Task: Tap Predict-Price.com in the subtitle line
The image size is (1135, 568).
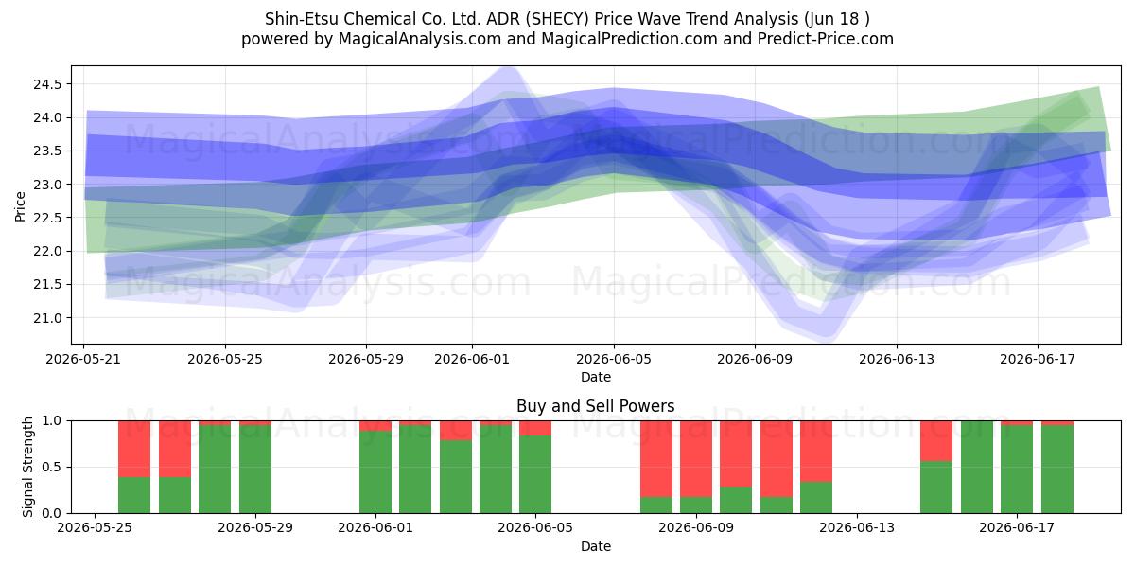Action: [825, 39]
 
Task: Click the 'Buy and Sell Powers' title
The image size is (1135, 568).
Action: [595, 406]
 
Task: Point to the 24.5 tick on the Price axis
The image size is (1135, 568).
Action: [47, 84]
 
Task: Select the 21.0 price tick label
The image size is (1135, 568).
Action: [47, 318]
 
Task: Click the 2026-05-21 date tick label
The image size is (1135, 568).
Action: [83, 359]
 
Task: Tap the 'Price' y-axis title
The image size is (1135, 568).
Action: [20, 206]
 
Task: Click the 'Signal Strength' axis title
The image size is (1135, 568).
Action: [27, 467]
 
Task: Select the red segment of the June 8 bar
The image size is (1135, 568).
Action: [656, 458]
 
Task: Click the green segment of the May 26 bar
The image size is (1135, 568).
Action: [134, 495]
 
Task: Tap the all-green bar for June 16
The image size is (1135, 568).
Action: [977, 467]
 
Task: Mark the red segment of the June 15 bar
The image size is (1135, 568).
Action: [936, 441]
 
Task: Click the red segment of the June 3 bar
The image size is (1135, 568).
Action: [456, 430]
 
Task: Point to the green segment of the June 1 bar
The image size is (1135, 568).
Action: [375, 472]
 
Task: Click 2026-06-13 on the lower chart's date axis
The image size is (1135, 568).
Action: [857, 528]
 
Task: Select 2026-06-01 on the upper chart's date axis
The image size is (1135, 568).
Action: [472, 359]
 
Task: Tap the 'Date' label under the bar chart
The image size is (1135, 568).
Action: [596, 546]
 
